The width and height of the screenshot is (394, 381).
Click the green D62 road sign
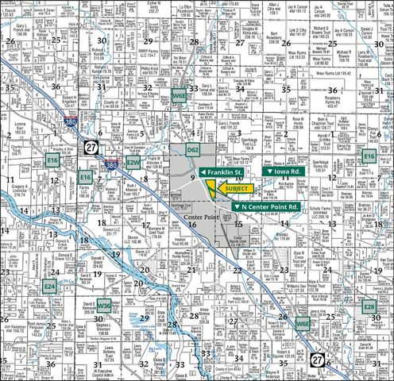tap(192, 149)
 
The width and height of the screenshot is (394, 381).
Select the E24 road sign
tap(50, 284)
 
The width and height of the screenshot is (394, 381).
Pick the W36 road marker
tap(104, 304)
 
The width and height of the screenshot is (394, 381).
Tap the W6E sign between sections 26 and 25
tap(302, 324)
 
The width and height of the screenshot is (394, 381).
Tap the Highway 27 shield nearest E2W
tap(93, 148)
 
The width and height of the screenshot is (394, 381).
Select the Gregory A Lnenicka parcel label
tap(17, 190)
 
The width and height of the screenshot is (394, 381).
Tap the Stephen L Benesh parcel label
tap(104, 328)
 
